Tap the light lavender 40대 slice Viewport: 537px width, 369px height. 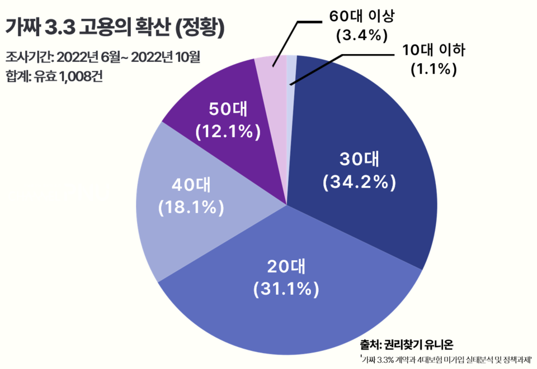coord(185,223)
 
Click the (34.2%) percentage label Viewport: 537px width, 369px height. coord(359,183)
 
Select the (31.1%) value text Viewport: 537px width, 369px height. coord(286,289)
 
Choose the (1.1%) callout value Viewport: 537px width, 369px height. coord(434,69)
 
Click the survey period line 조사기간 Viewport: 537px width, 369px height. coord(103,57)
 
